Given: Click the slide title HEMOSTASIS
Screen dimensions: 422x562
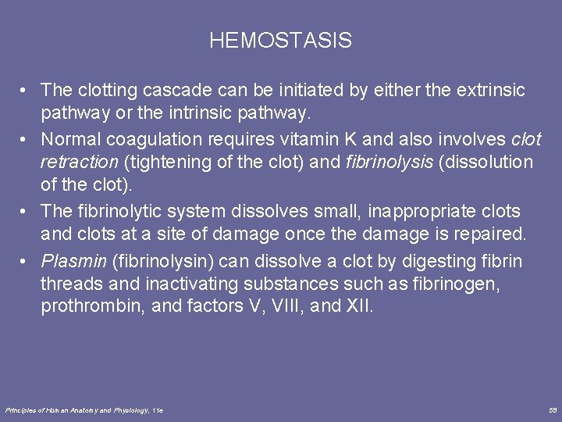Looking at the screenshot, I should point(280,41).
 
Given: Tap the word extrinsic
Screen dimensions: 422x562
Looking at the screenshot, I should point(489,91).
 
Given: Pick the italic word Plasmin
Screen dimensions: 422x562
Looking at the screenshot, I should point(72,260).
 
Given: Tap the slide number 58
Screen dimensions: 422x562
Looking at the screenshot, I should point(553,409).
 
